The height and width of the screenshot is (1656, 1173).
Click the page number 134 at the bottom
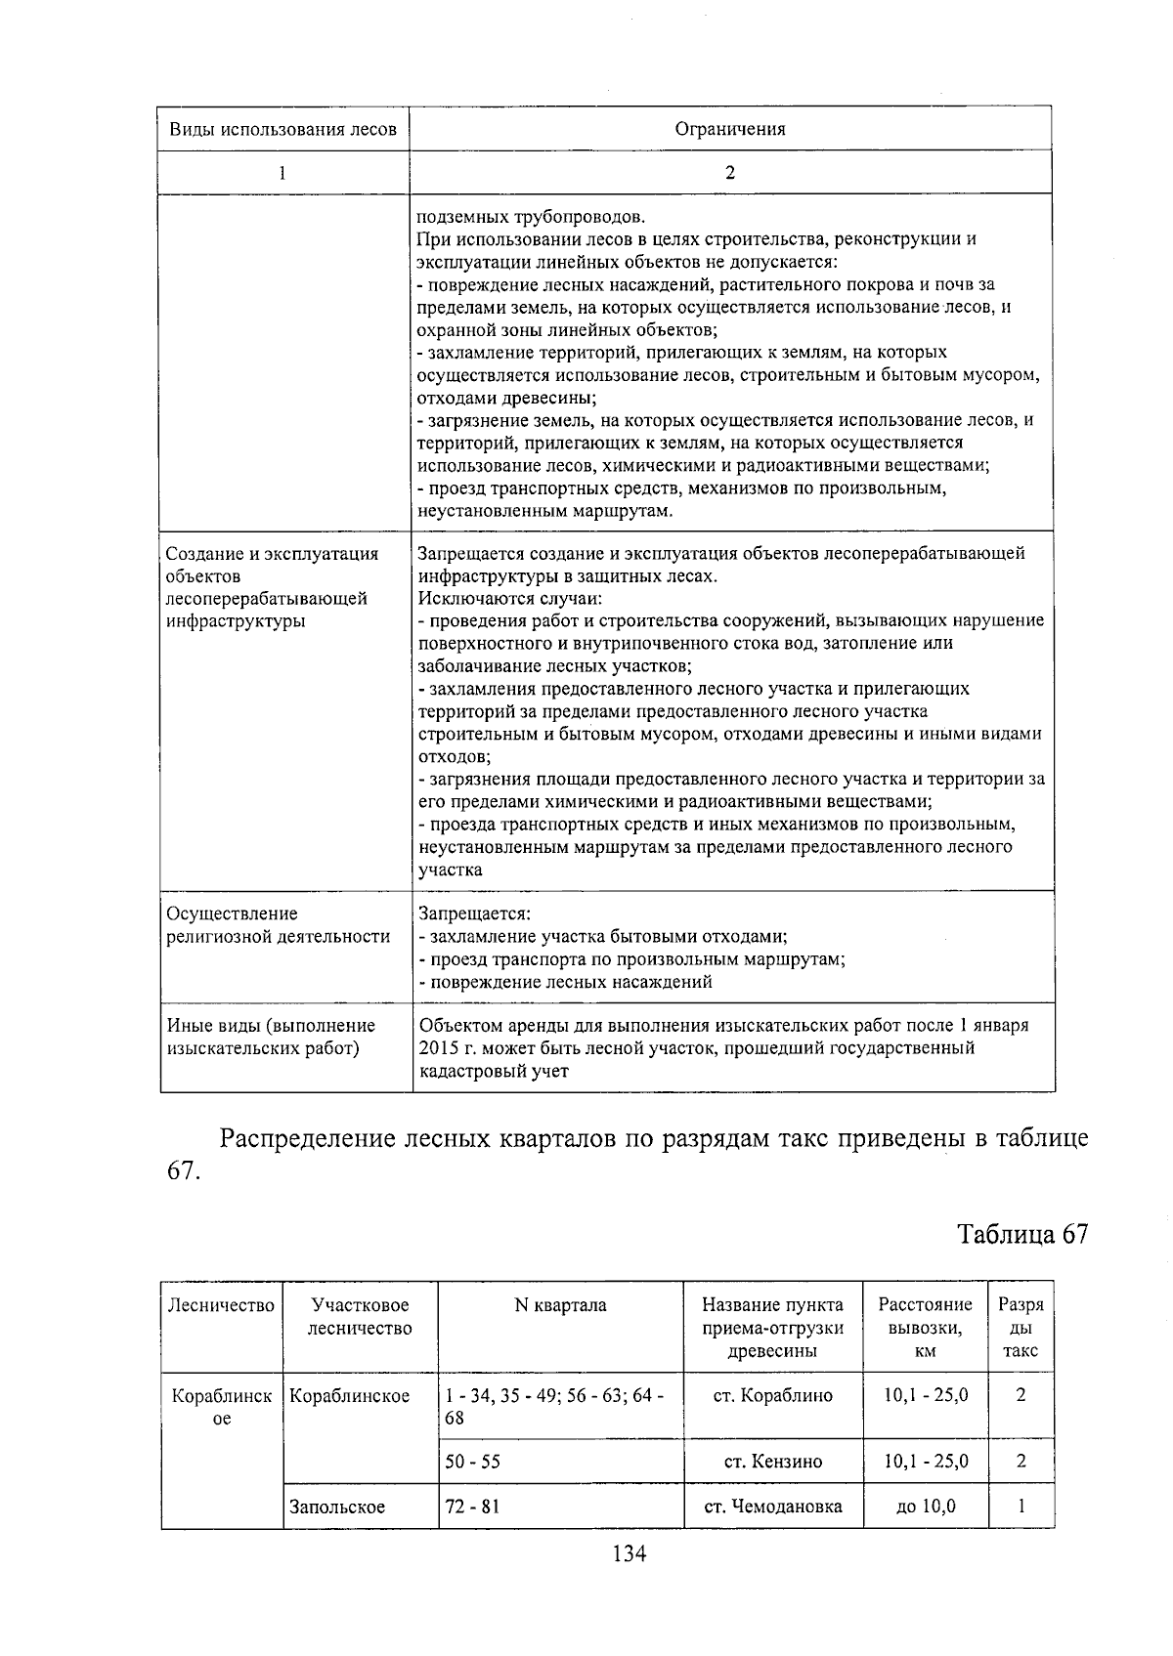(629, 1552)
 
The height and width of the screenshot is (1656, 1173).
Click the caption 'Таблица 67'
(1022, 1234)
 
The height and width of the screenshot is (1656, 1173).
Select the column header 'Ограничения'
(730, 129)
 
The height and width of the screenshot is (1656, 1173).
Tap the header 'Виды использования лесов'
(282, 129)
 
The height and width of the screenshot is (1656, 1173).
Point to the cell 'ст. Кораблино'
(772, 1395)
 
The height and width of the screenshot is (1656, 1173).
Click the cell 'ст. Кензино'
(772, 1462)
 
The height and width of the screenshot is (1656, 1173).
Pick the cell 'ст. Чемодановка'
(772, 1507)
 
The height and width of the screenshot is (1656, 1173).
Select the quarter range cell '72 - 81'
(472, 1507)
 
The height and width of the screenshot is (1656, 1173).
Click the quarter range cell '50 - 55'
(472, 1462)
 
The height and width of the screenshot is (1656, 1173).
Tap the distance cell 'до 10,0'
(925, 1507)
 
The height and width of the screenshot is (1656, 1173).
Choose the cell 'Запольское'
(337, 1507)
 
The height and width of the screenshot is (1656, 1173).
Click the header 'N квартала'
(560, 1305)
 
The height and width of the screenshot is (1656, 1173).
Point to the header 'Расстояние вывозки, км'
(925, 1328)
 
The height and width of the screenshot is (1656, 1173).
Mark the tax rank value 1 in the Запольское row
(1021, 1507)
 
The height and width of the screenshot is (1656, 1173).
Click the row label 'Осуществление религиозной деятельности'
(279, 925)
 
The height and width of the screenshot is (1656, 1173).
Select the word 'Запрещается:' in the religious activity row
(474, 913)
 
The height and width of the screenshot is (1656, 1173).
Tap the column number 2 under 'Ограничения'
(730, 173)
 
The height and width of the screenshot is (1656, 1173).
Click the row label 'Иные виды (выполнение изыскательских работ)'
(271, 1037)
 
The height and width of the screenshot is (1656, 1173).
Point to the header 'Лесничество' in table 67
(222, 1305)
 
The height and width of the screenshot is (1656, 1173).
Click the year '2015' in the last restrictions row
(439, 1048)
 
